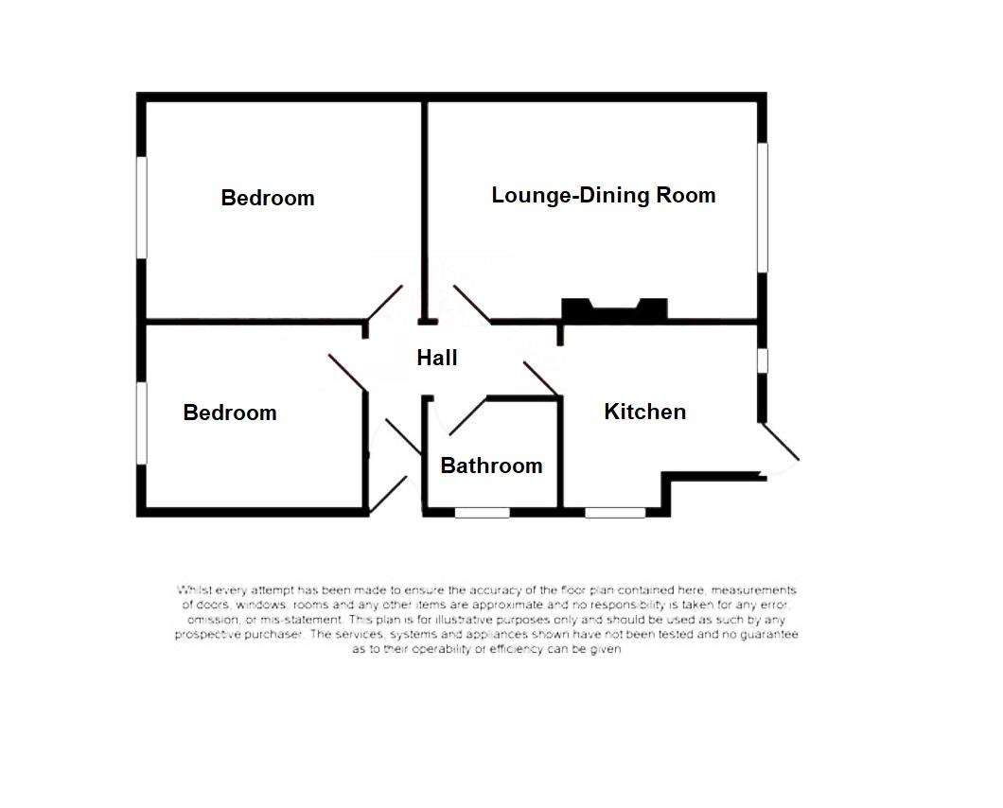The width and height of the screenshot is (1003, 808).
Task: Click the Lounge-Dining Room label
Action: (x=603, y=196)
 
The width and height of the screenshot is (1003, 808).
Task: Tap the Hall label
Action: (x=436, y=358)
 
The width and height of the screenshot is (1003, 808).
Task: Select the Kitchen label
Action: (x=644, y=412)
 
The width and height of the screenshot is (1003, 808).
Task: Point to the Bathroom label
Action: (x=491, y=465)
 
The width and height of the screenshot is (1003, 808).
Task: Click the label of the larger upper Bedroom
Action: (x=267, y=198)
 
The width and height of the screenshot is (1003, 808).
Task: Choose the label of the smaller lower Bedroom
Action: (x=230, y=413)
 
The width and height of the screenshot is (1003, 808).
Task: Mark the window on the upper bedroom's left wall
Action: (x=142, y=206)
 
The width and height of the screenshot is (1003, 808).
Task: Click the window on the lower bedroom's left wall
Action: (x=142, y=423)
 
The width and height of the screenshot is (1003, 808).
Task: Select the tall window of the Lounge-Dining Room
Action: (x=762, y=208)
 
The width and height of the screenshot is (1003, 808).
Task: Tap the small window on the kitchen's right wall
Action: (x=762, y=361)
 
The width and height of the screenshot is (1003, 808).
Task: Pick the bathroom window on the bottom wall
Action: (x=483, y=513)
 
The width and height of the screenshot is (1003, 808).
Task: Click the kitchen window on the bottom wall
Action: (x=615, y=513)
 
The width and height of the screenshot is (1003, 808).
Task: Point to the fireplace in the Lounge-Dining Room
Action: (x=614, y=310)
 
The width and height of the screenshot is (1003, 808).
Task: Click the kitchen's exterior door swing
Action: (x=781, y=449)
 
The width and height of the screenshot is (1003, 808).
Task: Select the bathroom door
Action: (x=466, y=416)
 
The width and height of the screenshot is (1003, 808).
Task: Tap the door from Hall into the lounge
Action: (x=471, y=304)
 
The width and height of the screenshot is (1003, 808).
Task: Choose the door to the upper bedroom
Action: (x=386, y=304)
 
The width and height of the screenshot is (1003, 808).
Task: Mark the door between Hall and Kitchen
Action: (x=540, y=378)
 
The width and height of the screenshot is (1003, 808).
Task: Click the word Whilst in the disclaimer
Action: (x=195, y=590)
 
